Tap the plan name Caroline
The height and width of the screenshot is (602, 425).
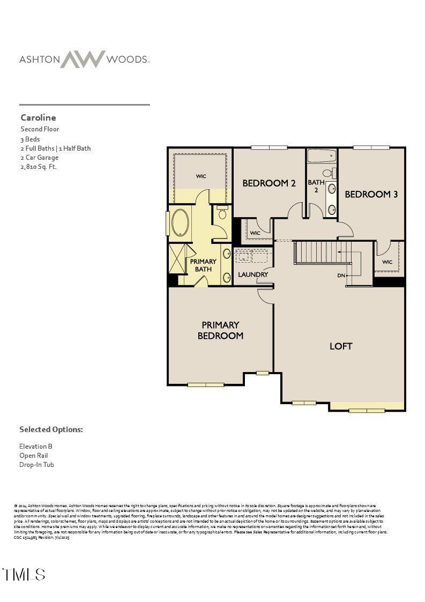click(x=38, y=117)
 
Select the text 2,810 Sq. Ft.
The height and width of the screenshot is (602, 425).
click(x=38, y=167)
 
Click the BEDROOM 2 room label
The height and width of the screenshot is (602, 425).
click(x=269, y=183)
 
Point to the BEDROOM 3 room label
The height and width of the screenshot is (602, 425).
click(x=371, y=194)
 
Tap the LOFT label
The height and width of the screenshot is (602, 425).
click(x=340, y=346)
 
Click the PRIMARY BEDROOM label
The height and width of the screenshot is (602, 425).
click(x=220, y=330)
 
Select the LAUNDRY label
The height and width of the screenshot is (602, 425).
click(x=253, y=274)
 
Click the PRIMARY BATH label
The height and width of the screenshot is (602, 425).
click(x=203, y=265)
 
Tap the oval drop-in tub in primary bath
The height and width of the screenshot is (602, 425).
click(x=180, y=223)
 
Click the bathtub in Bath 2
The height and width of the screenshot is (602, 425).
click(x=322, y=156)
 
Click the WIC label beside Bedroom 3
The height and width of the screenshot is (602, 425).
click(x=387, y=262)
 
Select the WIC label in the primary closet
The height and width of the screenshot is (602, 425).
click(x=201, y=176)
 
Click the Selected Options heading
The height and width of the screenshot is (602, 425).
click(x=51, y=429)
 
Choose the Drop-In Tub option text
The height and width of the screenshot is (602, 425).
click(x=36, y=465)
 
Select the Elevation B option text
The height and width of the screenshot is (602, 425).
click(x=35, y=446)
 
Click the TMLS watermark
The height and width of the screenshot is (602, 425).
click(x=24, y=575)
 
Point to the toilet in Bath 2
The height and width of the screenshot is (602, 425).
click(x=331, y=173)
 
